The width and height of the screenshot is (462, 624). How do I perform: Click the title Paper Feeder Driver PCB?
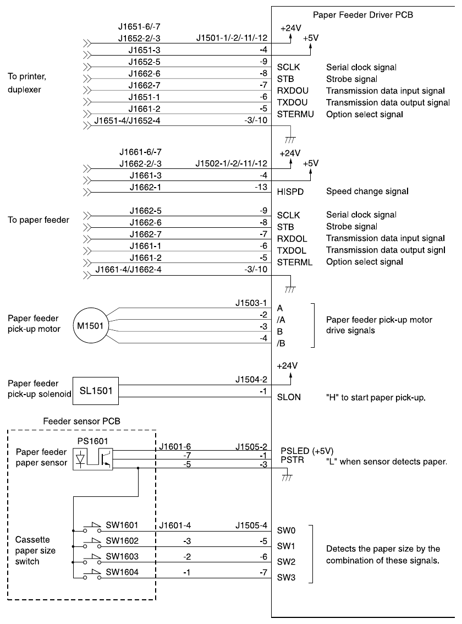[363, 15]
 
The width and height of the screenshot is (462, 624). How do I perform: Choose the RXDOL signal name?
[292, 239]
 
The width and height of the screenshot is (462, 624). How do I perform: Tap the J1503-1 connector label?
[251, 302]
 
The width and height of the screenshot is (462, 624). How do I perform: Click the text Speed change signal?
[367, 192]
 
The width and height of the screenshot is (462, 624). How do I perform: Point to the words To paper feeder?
[38, 220]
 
